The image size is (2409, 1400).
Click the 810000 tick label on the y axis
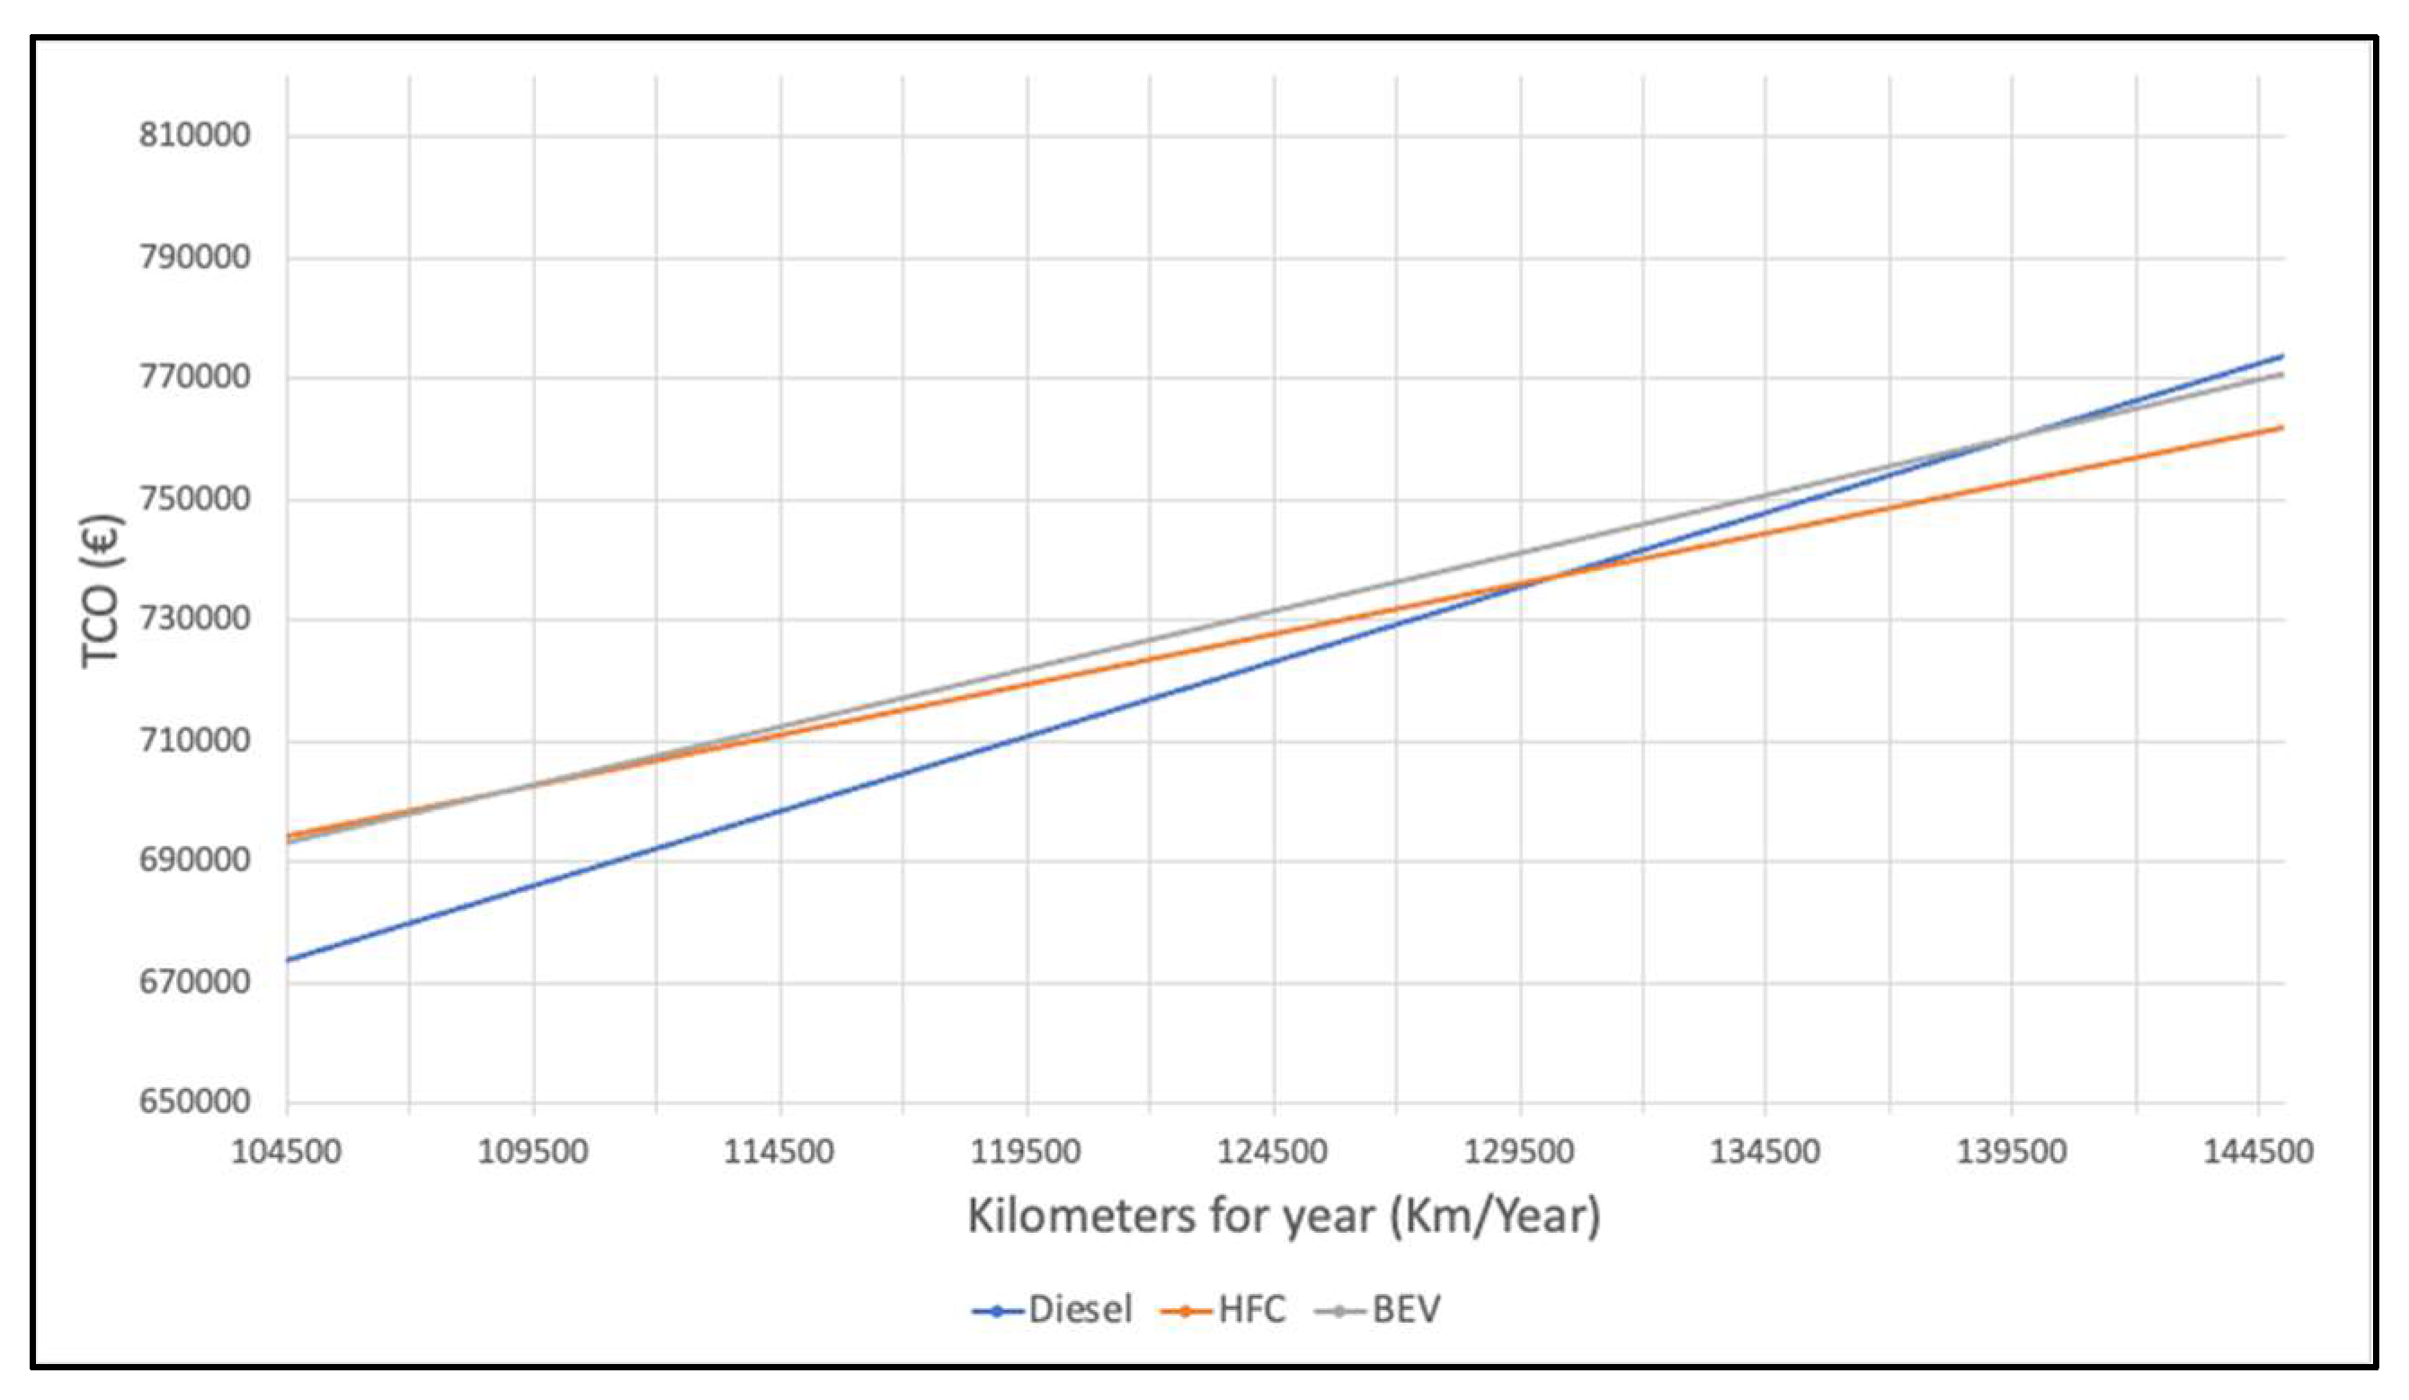[194, 135]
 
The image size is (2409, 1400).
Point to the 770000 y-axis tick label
[194, 377]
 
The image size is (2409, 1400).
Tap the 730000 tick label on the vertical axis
[194, 619]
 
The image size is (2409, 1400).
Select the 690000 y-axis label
[194, 860]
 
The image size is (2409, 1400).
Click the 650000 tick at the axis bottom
[194, 1101]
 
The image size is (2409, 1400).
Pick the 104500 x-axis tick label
[286, 1151]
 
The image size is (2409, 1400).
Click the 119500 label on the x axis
[1026, 1151]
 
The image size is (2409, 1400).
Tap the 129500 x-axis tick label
[1519, 1151]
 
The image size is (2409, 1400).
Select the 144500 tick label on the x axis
[2258, 1151]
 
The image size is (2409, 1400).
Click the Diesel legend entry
[1053, 1309]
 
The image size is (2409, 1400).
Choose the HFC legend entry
[1224, 1309]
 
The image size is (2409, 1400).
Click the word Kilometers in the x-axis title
[1081, 1217]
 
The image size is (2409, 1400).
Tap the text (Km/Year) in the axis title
[1495, 1217]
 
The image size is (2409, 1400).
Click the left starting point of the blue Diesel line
[288, 959]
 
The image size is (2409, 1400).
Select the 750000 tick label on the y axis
[194, 498]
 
